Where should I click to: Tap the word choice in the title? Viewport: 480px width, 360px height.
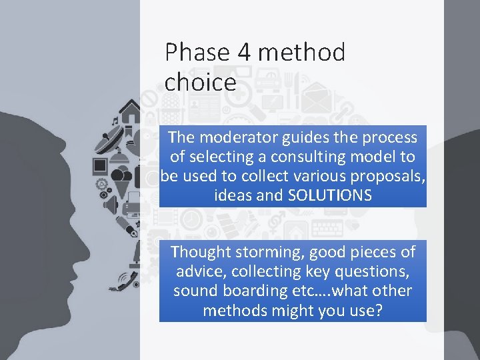(200, 83)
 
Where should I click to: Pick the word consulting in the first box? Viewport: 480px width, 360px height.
(308, 157)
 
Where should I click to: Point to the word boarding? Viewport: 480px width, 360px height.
(257, 291)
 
